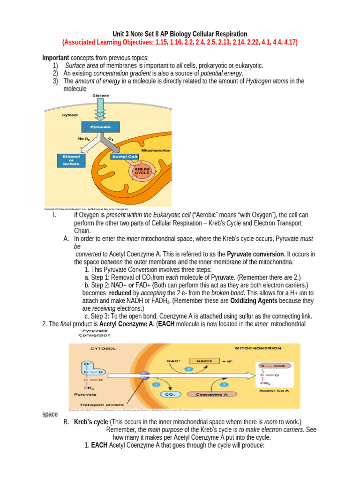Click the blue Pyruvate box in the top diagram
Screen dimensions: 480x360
click(x=100, y=127)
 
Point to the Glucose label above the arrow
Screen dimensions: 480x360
click(x=100, y=95)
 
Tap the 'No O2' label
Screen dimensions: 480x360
click(x=84, y=139)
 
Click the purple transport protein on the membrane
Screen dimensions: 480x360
click(x=144, y=375)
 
